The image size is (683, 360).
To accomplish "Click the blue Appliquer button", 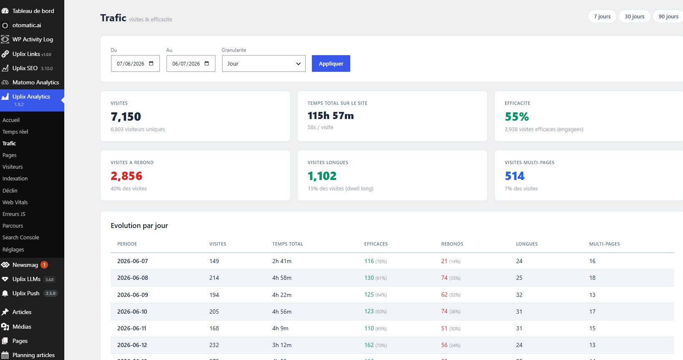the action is (x=331, y=63).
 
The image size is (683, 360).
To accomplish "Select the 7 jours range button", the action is (x=602, y=16).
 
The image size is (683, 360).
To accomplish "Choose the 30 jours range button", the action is (x=635, y=16).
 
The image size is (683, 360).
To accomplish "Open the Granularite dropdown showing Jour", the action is (x=264, y=63).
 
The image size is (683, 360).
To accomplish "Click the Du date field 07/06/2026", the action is (x=135, y=63).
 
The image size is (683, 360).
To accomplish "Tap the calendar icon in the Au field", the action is (x=206, y=63).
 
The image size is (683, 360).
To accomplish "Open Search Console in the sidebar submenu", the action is (x=21, y=237).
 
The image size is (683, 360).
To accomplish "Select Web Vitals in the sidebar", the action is (x=15, y=202).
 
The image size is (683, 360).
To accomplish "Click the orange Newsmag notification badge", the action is (x=44, y=265).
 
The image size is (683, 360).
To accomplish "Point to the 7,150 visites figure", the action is (x=126, y=117).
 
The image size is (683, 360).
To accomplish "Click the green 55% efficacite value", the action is (x=516, y=117).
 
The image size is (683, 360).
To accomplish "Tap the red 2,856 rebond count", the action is (x=126, y=176).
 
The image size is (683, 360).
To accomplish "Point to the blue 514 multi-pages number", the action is (x=514, y=176).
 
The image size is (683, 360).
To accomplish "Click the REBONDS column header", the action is (x=452, y=244).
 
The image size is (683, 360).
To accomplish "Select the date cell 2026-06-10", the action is (x=132, y=312).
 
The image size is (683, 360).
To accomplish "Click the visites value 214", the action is (x=214, y=278).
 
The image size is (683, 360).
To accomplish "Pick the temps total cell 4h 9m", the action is (x=280, y=328).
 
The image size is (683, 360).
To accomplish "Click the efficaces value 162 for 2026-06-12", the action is (x=369, y=345).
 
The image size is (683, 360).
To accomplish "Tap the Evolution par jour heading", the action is (x=139, y=226).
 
